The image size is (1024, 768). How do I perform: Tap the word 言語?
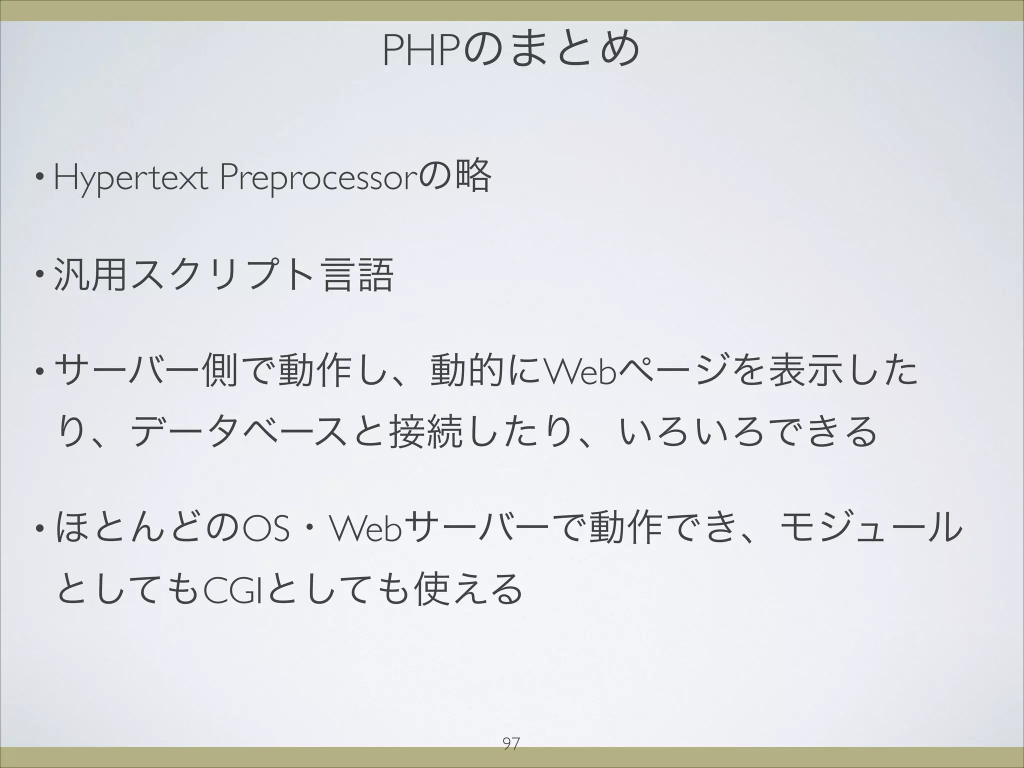(357, 275)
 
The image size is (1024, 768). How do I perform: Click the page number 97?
(510, 744)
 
